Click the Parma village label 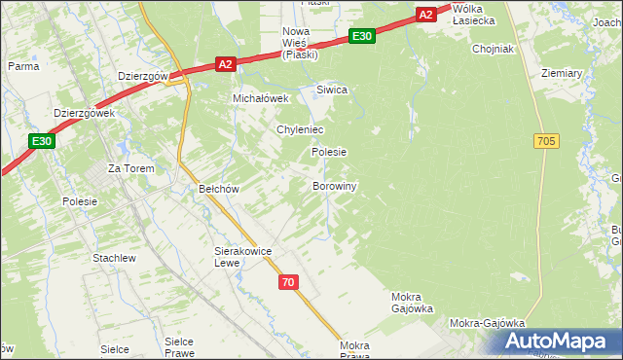22,66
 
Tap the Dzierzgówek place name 85,113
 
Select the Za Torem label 127,167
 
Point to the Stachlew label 114,258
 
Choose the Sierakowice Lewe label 242,257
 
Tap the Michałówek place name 261,98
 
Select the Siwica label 332,90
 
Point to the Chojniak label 492,48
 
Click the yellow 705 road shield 546,142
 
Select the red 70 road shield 287,282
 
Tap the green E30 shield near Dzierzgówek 41,141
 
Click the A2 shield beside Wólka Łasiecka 425,14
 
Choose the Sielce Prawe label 180,347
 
